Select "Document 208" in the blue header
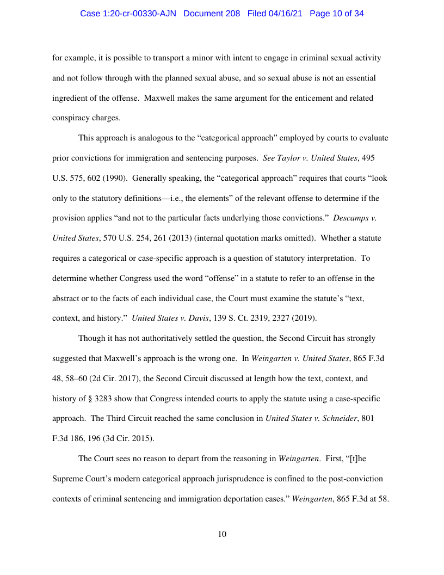[x=212, y=14]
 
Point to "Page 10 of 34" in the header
[x=336, y=14]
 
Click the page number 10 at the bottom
[x=222, y=534]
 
